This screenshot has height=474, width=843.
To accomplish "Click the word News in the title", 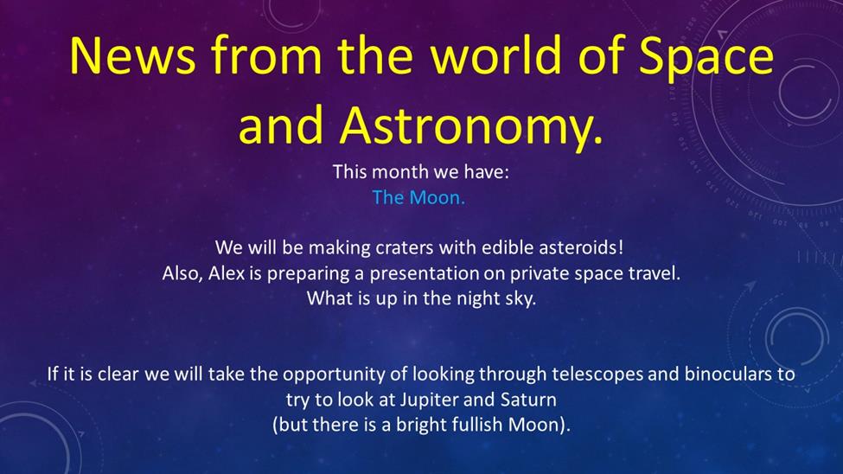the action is click(132, 55).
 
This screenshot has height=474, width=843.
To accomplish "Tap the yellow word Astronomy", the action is click(471, 127).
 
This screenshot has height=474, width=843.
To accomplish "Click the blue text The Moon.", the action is click(418, 197).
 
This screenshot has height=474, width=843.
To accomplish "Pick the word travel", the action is click(654, 273).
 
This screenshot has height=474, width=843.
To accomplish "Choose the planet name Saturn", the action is click(528, 400).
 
